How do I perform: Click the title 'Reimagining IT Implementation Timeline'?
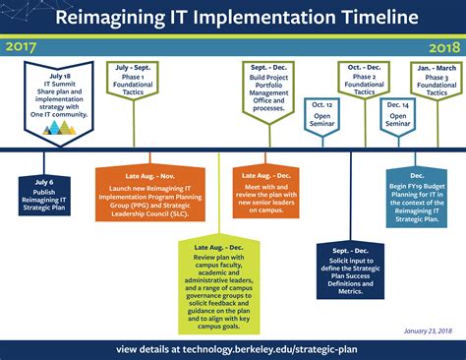[x=233, y=19]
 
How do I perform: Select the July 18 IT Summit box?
[x=59, y=96]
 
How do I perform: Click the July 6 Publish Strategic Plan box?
[x=44, y=194]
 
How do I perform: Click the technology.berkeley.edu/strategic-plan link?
[x=233, y=349]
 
